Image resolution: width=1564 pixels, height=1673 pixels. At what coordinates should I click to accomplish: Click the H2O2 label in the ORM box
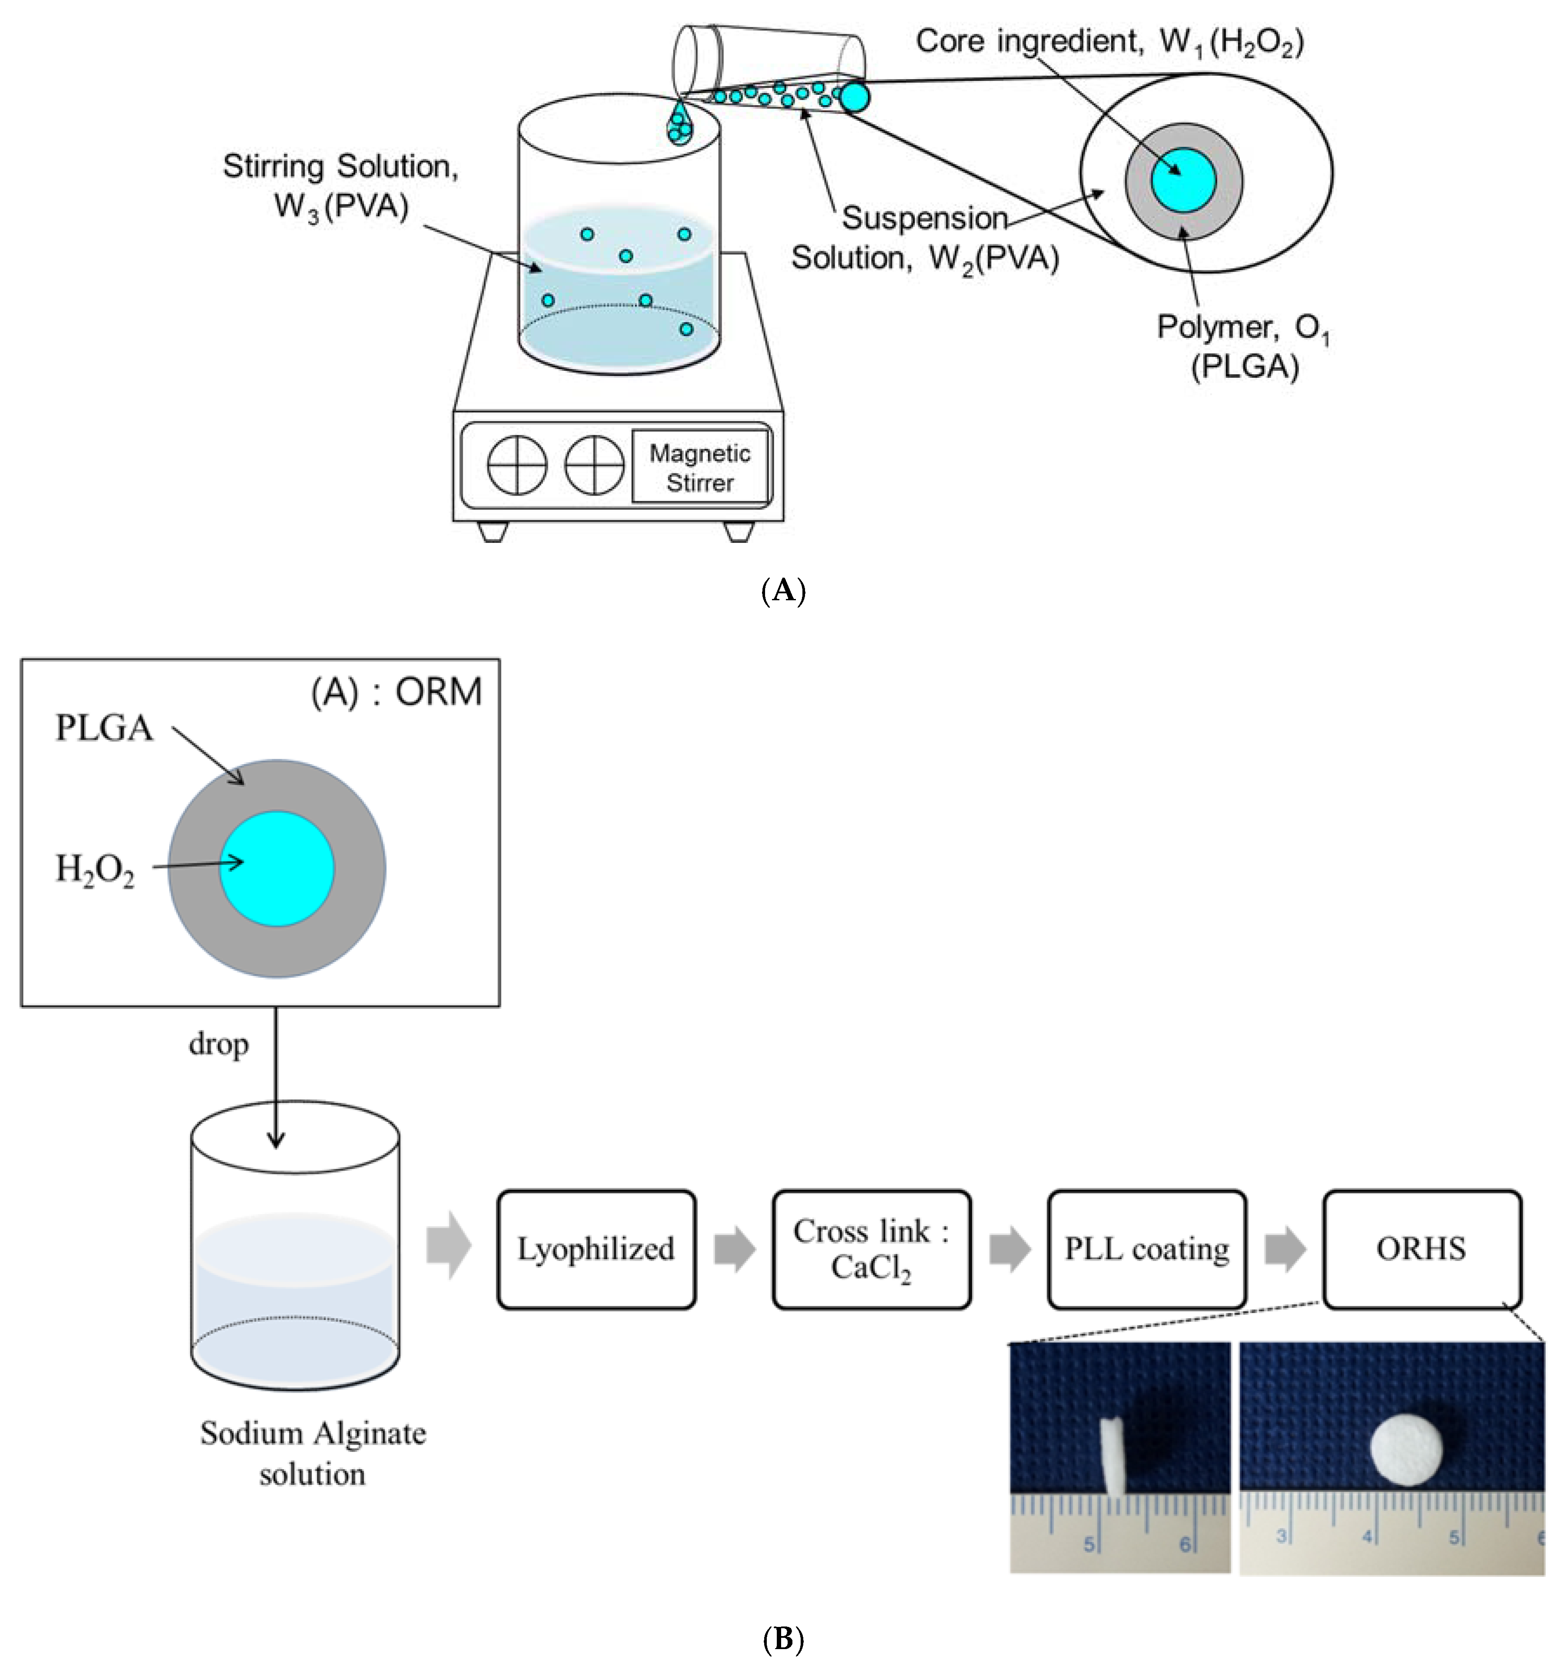94,868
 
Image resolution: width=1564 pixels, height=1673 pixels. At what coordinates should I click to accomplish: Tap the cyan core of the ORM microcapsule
277,868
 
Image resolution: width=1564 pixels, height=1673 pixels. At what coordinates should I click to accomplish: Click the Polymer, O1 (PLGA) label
1243,346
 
